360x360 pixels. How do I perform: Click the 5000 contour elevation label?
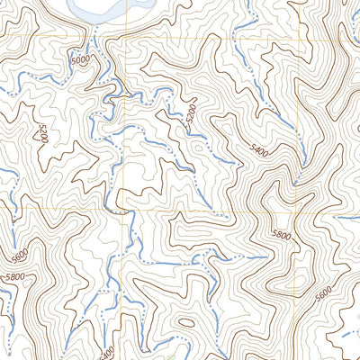pyautogui.click(x=80, y=63)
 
